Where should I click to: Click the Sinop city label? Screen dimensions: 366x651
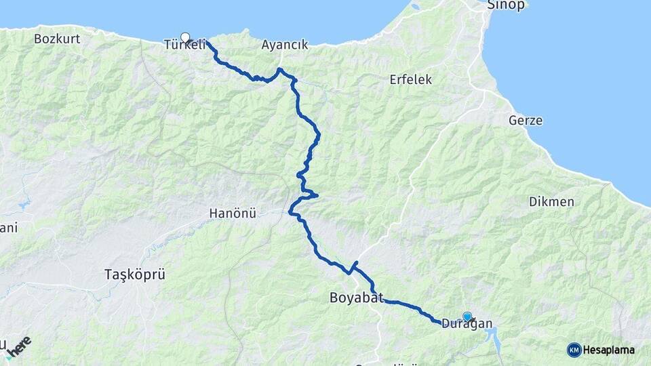(507, 5)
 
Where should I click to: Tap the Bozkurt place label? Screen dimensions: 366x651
(57, 39)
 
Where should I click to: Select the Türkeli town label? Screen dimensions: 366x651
(184, 45)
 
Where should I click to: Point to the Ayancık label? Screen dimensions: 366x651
(285, 45)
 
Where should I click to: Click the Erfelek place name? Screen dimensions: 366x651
(410, 79)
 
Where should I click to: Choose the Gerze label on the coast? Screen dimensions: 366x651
(526, 121)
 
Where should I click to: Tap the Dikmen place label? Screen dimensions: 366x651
(551, 202)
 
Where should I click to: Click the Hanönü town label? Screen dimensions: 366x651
(232, 214)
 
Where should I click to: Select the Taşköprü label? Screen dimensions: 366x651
(135, 274)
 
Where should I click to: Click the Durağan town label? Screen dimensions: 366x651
(467, 324)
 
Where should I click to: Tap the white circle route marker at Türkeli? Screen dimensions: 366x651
(185, 37)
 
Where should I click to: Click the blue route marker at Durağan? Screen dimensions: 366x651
(467, 316)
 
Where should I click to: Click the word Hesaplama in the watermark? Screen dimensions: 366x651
(609, 350)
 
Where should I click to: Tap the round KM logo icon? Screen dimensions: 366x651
(574, 350)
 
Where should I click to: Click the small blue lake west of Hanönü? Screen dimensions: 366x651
(24, 203)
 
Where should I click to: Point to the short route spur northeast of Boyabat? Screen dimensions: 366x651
(355, 264)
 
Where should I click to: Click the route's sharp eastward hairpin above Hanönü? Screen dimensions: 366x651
(315, 196)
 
